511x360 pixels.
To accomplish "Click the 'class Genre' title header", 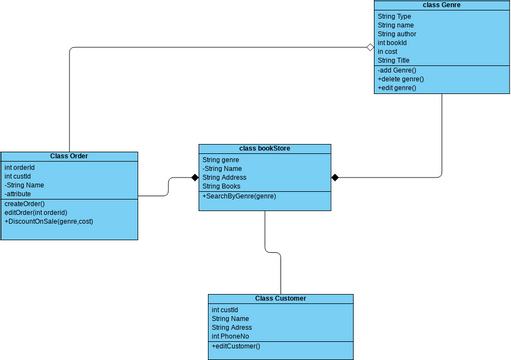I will click(441, 5).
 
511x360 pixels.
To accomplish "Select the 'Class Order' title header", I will click(69, 156).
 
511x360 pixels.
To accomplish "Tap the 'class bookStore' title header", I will click(264, 148).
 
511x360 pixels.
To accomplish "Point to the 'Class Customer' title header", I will click(280, 298).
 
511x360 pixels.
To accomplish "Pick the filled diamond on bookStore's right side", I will click(336, 178).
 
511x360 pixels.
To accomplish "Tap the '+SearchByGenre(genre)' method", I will click(240, 197).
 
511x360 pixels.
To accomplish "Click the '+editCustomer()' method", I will click(236, 346).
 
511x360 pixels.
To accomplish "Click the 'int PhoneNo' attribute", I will click(232, 336).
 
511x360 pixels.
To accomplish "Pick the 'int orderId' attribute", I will click(20, 167).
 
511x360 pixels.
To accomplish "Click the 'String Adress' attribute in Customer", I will click(234, 327).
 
